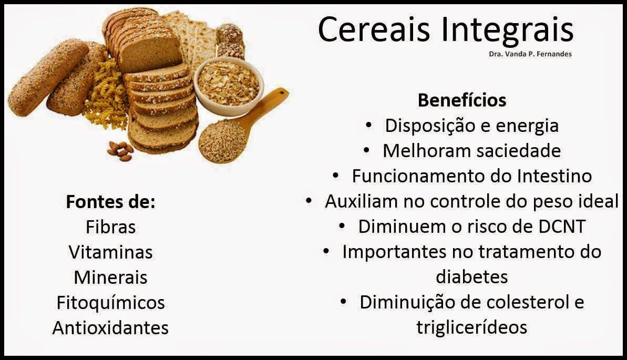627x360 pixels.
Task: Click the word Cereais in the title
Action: (374, 29)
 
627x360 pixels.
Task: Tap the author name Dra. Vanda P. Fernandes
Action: (530, 54)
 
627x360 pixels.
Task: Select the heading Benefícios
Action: (462, 100)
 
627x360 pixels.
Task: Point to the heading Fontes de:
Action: (110, 202)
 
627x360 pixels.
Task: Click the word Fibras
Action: (111, 227)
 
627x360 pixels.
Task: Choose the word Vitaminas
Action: (111, 252)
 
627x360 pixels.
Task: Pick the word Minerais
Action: (111, 277)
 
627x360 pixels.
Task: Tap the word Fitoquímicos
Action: (111, 303)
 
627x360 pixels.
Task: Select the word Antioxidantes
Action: (111, 327)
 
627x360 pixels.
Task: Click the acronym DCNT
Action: (561, 227)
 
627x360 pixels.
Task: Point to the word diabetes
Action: (472, 277)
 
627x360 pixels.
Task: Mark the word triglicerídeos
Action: (472, 327)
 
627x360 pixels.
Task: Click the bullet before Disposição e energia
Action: (368, 126)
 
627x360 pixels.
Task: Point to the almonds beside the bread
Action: (120, 151)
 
